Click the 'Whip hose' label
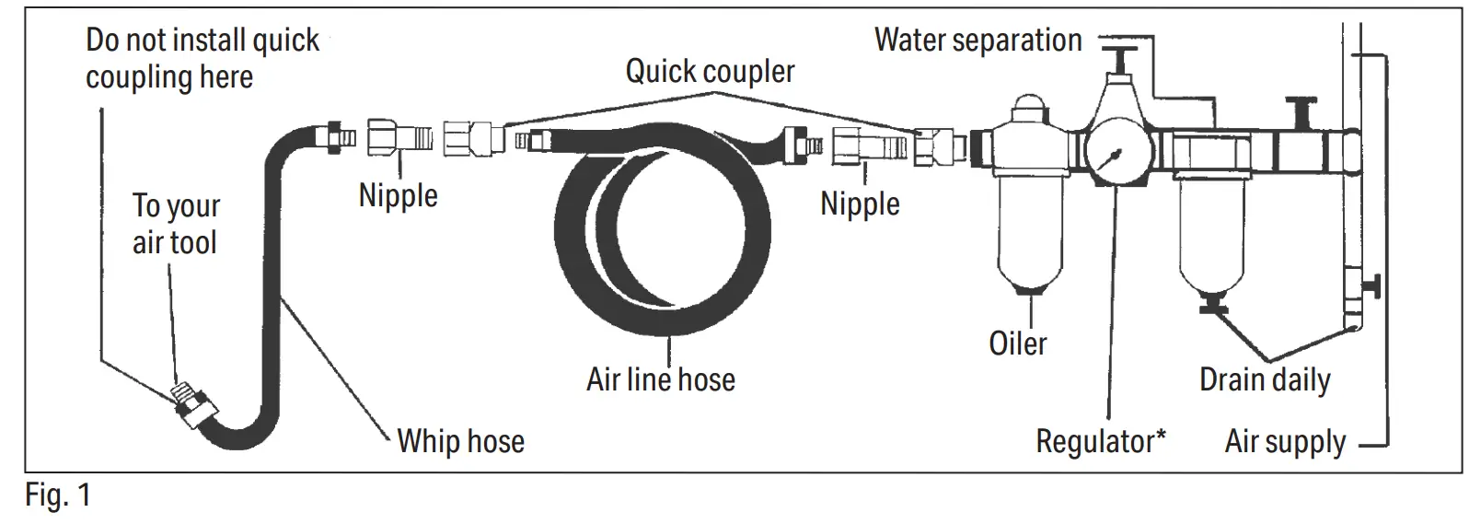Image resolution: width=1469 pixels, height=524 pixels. point(460,441)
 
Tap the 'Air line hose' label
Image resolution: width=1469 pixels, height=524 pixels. point(661,379)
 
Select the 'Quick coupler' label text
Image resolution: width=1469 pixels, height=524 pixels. point(710,71)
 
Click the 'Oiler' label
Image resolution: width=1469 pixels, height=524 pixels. point(1017,344)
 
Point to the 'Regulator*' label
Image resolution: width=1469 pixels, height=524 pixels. point(1101,441)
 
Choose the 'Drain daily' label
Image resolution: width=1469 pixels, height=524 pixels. point(1265,379)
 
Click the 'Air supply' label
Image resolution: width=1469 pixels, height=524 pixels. point(1285,442)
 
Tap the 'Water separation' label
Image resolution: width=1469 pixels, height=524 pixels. point(977,40)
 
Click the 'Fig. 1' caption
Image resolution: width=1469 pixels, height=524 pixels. point(57,496)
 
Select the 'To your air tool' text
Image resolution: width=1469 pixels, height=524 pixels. point(176,224)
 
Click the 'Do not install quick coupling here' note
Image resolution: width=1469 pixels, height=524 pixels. point(202,58)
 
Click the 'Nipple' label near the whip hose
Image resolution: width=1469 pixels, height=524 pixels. point(398,195)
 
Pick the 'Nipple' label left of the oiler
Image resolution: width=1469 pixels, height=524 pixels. point(860,204)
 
